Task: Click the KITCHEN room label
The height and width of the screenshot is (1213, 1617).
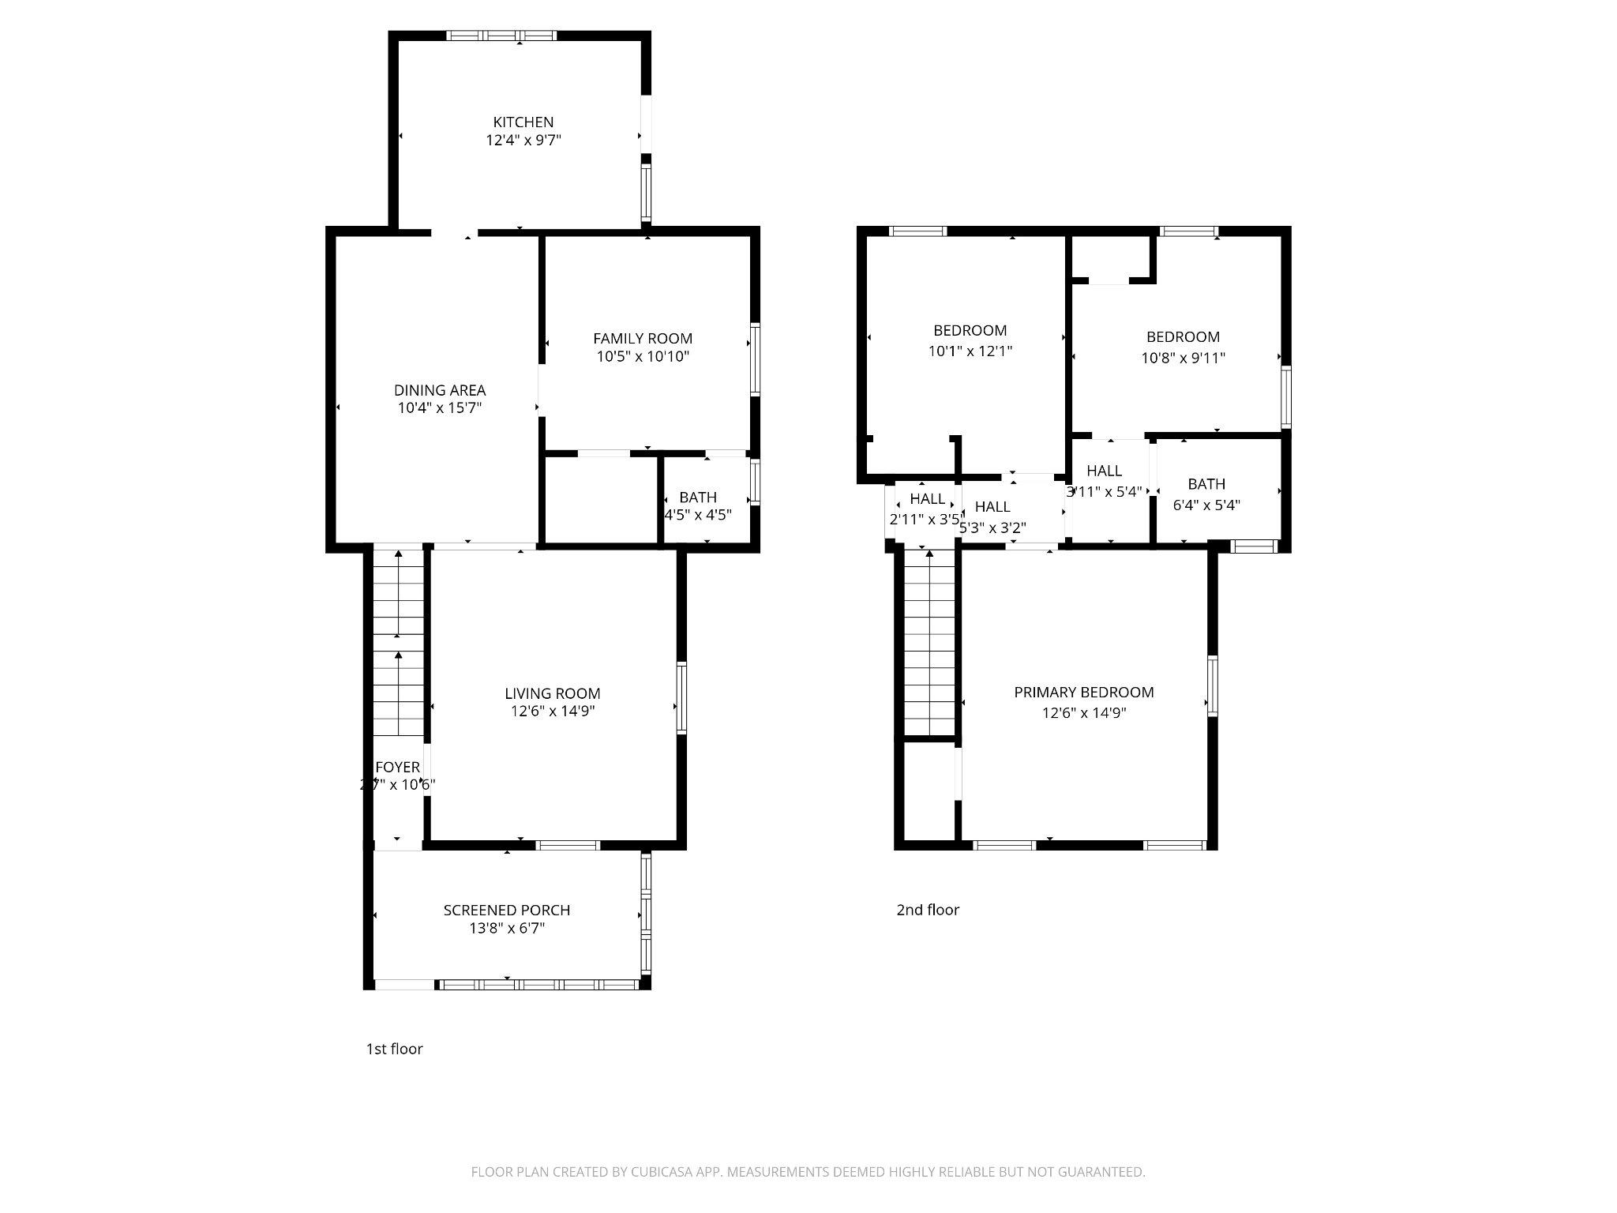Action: click(x=523, y=122)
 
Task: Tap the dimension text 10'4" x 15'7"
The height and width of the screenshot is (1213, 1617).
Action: click(x=440, y=408)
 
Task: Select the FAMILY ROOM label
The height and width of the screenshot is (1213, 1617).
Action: click(x=643, y=338)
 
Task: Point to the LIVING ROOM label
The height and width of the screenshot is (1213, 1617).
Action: click(x=552, y=693)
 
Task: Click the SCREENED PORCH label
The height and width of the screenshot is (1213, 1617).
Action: click(x=506, y=910)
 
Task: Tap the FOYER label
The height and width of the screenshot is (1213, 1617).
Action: click(x=397, y=767)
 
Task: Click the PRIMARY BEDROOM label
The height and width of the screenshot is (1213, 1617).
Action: click(x=1083, y=692)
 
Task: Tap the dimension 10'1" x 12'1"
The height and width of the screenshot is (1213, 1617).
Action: click(x=970, y=351)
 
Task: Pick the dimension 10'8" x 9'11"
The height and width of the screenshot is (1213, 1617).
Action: click(x=1183, y=358)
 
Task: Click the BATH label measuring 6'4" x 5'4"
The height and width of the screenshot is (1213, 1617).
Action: click(x=1206, y=484)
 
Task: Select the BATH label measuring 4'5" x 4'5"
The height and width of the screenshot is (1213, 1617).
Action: click(x=697, y=498)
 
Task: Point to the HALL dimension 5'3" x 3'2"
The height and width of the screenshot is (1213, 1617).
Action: click(x=992, y=528)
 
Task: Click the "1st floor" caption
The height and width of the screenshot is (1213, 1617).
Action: click(x=394, y=1049)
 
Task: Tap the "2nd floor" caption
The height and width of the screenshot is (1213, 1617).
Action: click(x=927, y=910)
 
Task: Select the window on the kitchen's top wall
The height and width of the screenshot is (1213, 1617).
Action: click(x=501, y=36)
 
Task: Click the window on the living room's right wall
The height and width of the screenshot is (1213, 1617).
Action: click(x=681, y=699)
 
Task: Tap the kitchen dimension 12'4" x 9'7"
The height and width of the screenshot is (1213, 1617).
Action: click(x=523, y=141)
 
